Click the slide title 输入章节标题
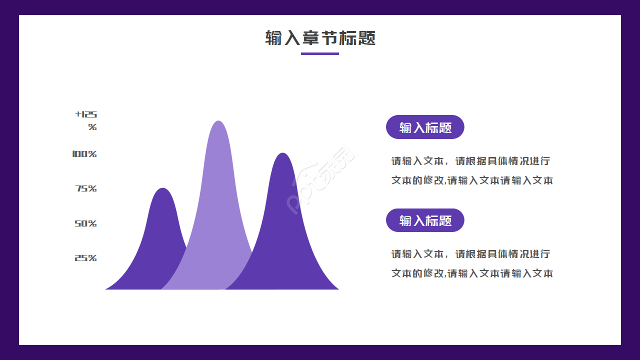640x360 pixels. (320, 38)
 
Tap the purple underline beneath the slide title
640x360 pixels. (320, 53)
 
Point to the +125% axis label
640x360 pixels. (86, 120)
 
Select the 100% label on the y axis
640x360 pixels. (84, 154)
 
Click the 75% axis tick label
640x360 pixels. (86, 188)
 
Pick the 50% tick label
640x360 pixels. (85, 223)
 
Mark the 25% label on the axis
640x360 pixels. (85, 258)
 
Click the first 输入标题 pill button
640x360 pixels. (425, 127)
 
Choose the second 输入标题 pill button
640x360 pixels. (425, 220)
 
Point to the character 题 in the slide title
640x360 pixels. (366, 38)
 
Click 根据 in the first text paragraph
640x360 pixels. (473, 161)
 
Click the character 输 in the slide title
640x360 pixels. (274, 38)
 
